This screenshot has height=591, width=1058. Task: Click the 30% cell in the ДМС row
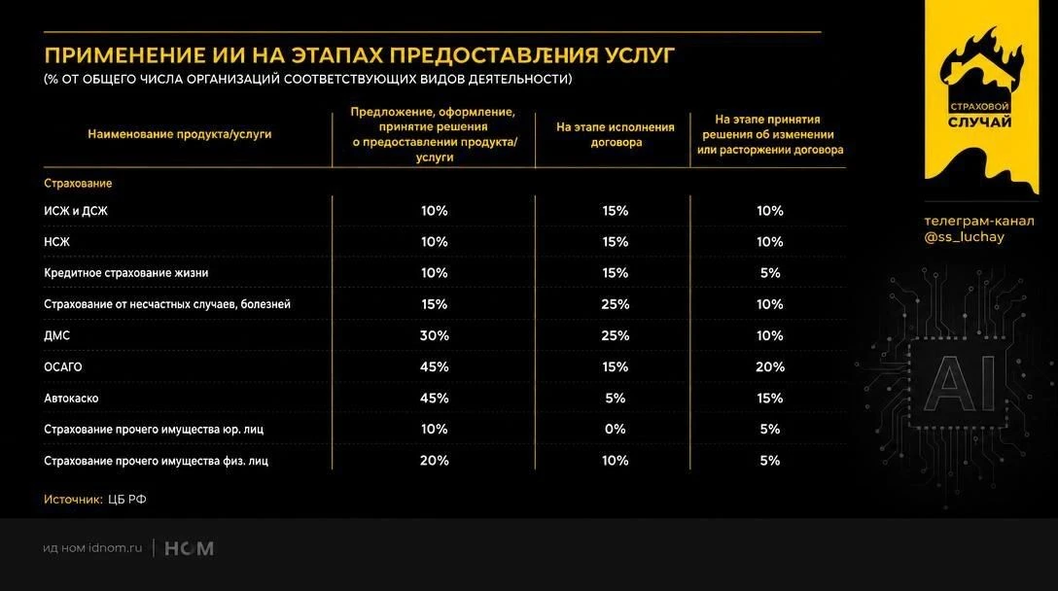[x=434, y=335]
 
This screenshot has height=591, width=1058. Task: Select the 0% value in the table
[x=615, y=429]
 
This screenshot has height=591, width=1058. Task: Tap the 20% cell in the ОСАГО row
[x=770, y=367]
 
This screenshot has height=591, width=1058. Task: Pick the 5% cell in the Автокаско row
[x=615, y=398]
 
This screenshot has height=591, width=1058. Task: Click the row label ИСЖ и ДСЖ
[x=76, y=211]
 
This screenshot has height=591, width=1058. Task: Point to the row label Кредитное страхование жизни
[x=126, y=273]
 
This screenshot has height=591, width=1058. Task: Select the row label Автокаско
[x=71, y=398]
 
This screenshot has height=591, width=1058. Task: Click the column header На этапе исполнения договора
[x=616, y=134]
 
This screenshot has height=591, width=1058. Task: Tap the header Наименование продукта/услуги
[x=180, y=134]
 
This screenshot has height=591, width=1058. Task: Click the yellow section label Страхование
[x=78, y=184]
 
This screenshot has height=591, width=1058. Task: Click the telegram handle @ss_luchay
[x=965, y=237]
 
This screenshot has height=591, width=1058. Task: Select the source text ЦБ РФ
[x=126, y=500]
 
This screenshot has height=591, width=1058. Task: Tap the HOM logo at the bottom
[x=189, y=548]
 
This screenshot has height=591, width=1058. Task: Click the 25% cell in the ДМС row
[x=615, y=335]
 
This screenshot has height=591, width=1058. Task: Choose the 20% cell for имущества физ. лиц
[x=434, y=461]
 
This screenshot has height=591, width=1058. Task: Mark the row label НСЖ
[x=56, y=242]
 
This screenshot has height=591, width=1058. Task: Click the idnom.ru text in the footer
[x=116, y=548]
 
